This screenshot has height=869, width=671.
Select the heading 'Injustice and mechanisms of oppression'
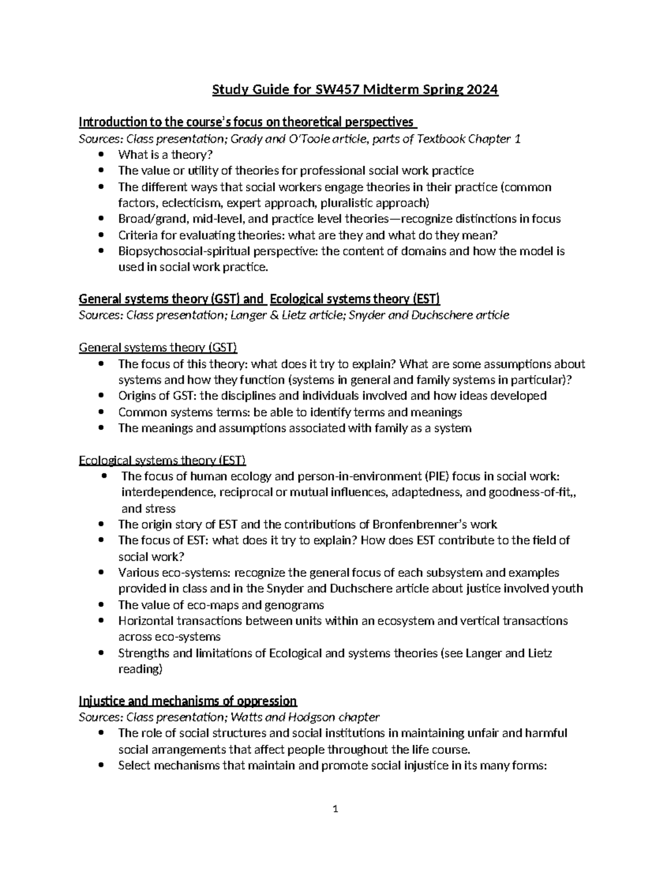click(x=188, y=701)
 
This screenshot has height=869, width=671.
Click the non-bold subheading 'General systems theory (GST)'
click(x=158, y=347)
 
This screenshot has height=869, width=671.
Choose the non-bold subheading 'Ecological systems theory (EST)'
click(x=162, y=461)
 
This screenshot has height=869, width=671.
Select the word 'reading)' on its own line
click(x=140, y=669)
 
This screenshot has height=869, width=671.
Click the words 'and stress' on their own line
click(x=148, y=509)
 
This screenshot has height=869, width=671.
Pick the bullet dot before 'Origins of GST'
click(x=101, y=396)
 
